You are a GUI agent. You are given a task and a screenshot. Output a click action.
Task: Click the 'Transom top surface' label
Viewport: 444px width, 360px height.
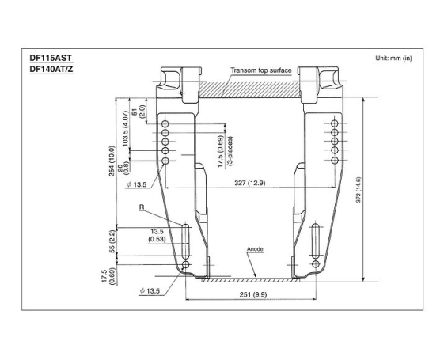click(x=261, y=70)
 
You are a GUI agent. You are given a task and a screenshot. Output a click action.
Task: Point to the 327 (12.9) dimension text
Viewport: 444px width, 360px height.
click(x=249, y=184)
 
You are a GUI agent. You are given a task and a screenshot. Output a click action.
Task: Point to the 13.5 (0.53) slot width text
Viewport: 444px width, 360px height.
click(x=156, y=235)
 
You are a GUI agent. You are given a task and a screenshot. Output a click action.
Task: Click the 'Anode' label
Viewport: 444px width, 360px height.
click(x=254, y=248)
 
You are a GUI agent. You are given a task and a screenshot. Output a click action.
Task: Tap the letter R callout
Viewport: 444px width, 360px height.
click(x=141, y=207)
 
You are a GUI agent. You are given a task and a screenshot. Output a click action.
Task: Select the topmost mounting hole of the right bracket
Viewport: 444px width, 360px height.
click(x=334, y=124)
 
